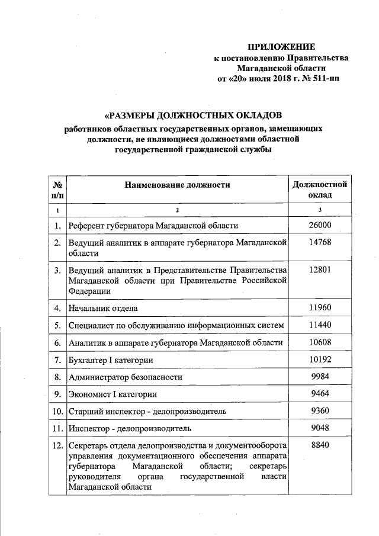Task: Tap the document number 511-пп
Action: pos(326,78)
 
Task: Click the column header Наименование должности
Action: pos(176,185)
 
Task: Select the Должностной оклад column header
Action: pos(320,190)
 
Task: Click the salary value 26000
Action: pos(320,226)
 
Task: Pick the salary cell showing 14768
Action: pos(320,243)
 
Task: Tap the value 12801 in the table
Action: pos(320,270)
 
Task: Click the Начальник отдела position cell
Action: pos(104,308)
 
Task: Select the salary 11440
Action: pos(320,325)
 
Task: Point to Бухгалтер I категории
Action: pos(111,360)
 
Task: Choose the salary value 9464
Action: pos(320,394)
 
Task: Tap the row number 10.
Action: pos(57,411)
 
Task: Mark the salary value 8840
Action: pos(320,445)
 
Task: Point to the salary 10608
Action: pos(320,342)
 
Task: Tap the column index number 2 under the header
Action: pos(176,211)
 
